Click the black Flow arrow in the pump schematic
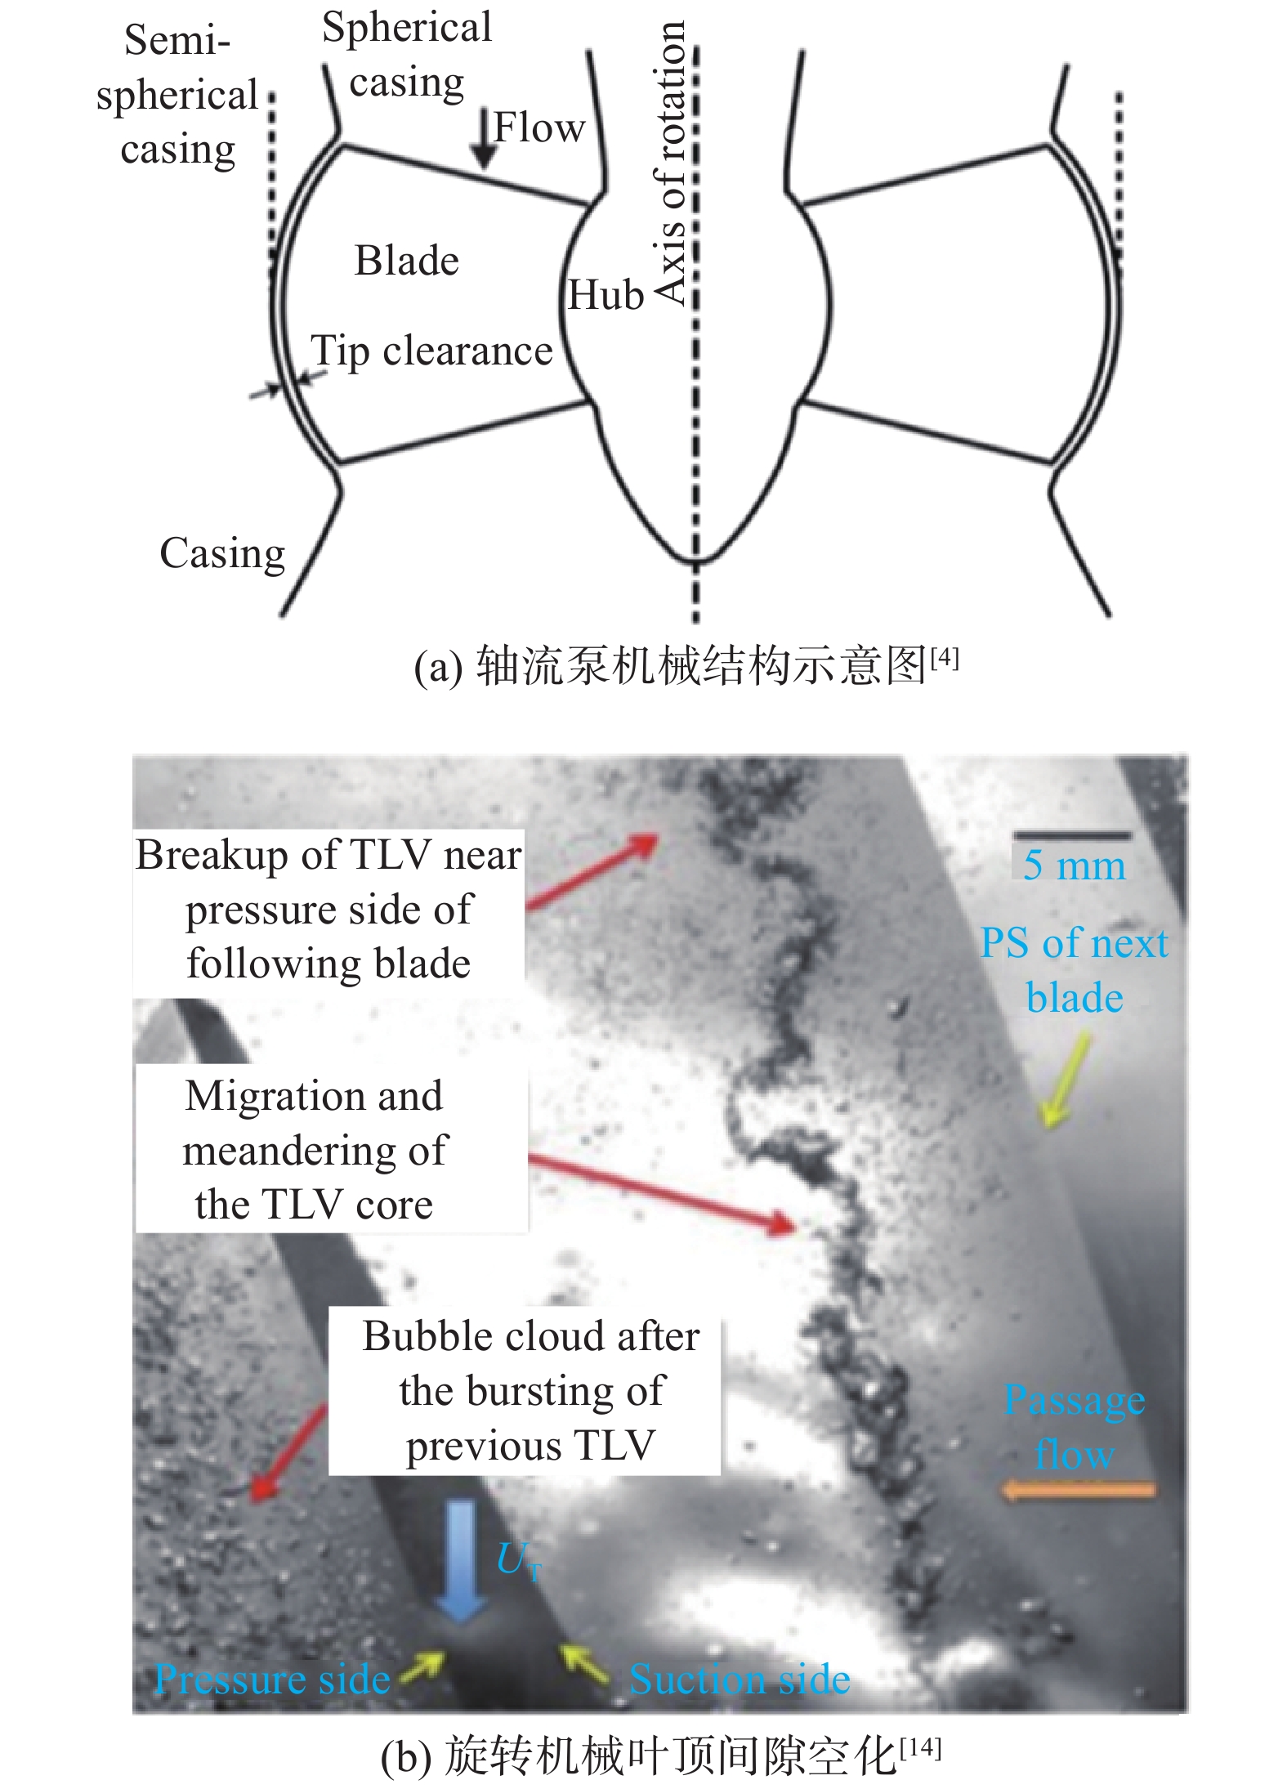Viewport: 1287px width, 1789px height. tap(485, 139)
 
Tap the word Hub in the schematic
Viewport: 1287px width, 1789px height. tap(606, 295)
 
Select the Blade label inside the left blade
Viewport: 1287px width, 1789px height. tap(406, 262)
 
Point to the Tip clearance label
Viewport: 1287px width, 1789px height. tap(431, 351)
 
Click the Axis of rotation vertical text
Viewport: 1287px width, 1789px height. tap(671, 163)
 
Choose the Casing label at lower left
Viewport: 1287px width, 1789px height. tap(222, 554)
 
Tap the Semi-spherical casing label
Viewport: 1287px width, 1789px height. tap(177, 95)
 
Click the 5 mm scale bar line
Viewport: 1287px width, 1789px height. tap(1072, 836)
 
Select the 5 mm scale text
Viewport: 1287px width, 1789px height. tap(1074, 865)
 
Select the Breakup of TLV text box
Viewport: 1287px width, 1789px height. tap(328, 909)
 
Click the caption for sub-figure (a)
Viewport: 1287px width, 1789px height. tap(685, 666)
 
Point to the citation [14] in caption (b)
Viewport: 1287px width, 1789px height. tap(920, 1748)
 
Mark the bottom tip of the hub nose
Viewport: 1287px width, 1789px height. tap(696, 563)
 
